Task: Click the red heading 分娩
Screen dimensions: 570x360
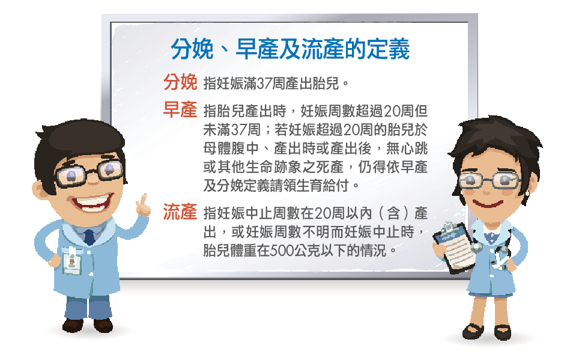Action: [180, 82]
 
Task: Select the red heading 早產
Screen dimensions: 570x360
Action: [180, 109]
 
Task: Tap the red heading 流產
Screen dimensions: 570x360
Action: [180, 212]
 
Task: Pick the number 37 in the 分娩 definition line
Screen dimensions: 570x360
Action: [264, 84]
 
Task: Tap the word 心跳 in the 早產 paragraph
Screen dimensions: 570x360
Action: [414, 148]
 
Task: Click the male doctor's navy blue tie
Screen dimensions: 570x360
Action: [89, 237]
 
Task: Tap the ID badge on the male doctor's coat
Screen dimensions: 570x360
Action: [71, 261]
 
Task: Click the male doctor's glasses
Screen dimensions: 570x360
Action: [89, 173]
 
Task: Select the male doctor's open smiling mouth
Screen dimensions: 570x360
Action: [92, 202]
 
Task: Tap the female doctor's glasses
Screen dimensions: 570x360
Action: [490, 180]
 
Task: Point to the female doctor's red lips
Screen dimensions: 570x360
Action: [488, 203]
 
